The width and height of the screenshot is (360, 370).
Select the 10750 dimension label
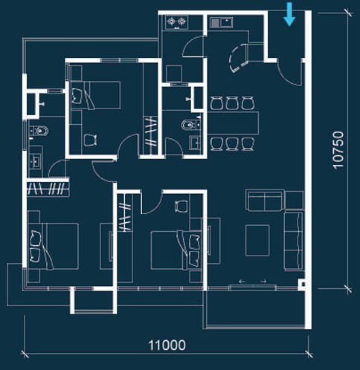click(x=340, y=152)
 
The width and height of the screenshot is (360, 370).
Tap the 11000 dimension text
click(x=167, y=345)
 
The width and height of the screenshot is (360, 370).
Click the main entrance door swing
click(x=283, y=72)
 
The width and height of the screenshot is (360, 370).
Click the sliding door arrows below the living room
click(x=253, y=282)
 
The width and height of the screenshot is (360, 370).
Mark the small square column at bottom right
click(x=302, y=285)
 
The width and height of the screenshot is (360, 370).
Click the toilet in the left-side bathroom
click(x=40, y=132)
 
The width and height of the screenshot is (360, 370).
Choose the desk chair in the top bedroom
click(x=91, y=139)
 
